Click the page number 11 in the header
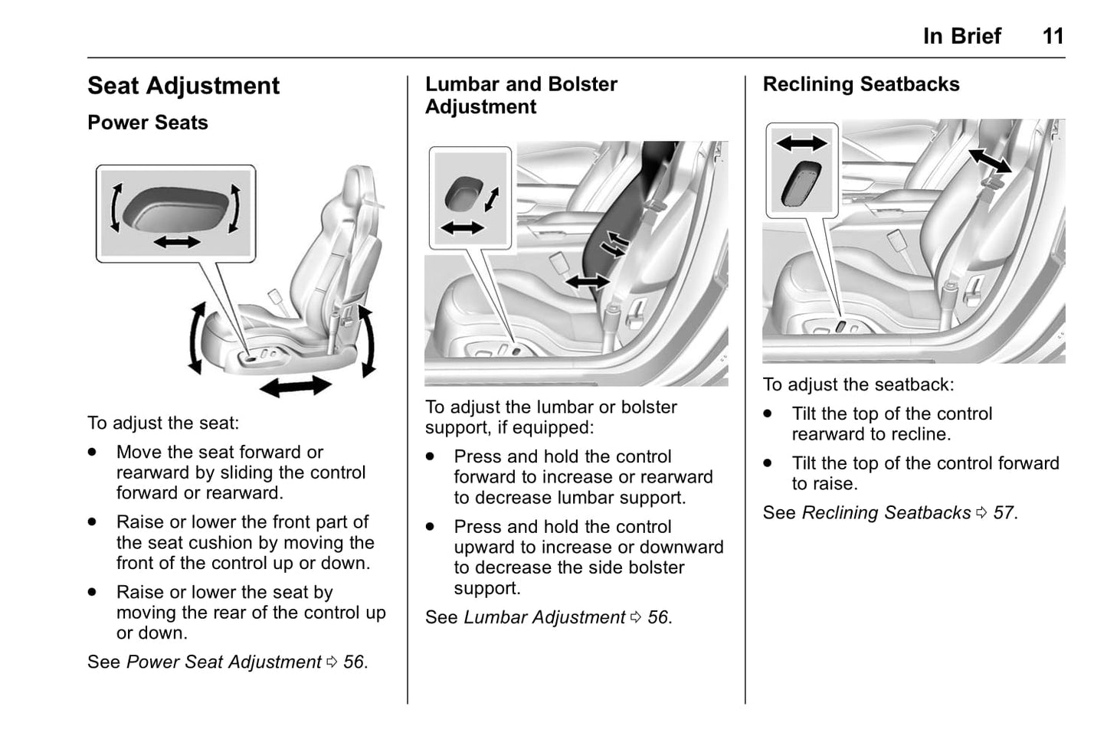pyautogui.click(x=1053, y=36)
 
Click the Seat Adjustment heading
pyautogui.click(x=183, y=86)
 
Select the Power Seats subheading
pyautogui.click(x=147, y=123)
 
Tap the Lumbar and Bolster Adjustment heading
pyautogui.click(x=521, y=95)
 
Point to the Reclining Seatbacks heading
pyautogui.click(x=860, y=84)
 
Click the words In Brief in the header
pyautogui.click(x=961, y=36)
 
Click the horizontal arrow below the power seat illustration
pyautogui.click(x=295, y=386)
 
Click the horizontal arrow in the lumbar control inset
pyautogui.click(x=463, y=227)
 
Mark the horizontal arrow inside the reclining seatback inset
pyautogui.click(x=801, y=142)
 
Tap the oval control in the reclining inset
pyautogui.click(x=801, y=184)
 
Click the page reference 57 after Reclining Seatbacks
pyautogui.click(x=1004, y=513)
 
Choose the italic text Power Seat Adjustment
pyautogui.click(x=224, y=662)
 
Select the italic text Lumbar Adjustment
pyautogui.click(x=544, y=617)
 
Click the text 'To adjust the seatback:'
pyautogui.click(x=858, y=384)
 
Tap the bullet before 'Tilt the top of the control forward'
pyautogui.click(x=768, y=463)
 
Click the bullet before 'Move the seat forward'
pyautogui.click(x=93, y=452)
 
